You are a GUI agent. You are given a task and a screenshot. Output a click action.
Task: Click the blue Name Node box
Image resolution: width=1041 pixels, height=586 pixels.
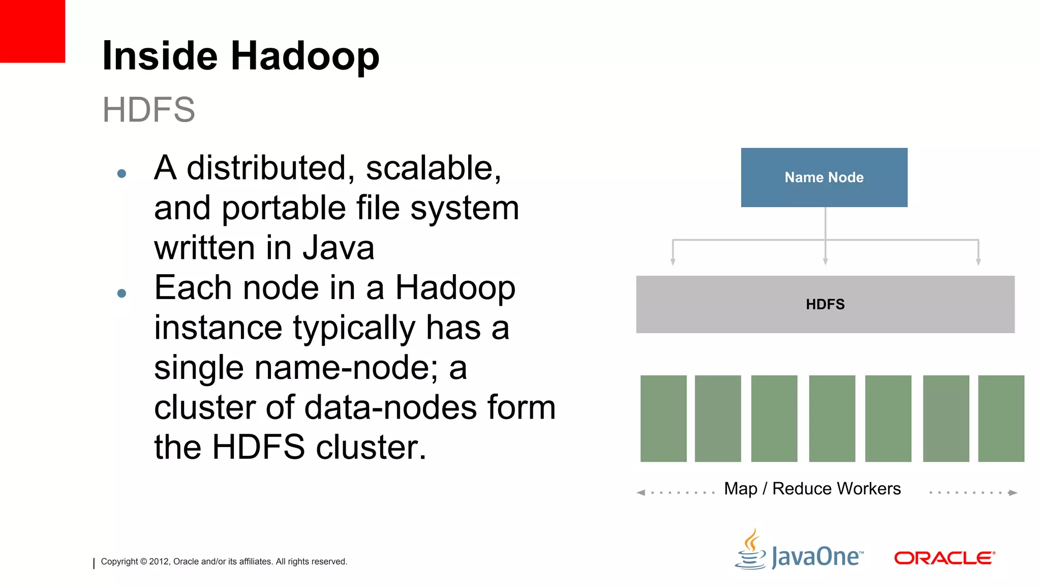point(824,178)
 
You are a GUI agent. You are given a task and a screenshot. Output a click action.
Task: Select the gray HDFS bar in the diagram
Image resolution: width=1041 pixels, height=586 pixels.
point(825,304)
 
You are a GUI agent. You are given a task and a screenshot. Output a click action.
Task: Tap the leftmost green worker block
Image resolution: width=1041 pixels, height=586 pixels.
point(663,418)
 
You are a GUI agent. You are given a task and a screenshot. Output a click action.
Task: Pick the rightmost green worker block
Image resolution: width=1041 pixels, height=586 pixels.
point(1001,418)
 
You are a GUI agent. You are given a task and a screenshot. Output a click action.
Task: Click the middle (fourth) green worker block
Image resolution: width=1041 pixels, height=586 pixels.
point(832,418)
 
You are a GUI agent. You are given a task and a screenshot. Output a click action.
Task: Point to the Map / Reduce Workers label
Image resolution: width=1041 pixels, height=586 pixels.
point(812,489)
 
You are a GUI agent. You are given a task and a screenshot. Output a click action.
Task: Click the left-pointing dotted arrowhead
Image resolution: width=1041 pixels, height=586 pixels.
point(641,492)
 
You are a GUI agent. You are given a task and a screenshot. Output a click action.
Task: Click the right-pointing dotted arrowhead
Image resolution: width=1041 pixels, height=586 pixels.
point(1013,492)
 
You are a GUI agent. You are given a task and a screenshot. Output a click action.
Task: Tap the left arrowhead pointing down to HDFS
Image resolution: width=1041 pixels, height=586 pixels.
point(673,261)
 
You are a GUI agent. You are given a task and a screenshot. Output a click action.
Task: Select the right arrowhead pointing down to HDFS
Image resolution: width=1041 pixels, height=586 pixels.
point(978,261)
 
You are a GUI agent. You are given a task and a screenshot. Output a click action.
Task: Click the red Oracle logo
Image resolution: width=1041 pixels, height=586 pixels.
point(944,558)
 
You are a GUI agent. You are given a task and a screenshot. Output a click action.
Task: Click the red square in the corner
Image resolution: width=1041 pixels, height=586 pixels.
point(33,31)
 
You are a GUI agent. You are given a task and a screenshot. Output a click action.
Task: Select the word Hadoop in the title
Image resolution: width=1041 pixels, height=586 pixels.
point(305,56)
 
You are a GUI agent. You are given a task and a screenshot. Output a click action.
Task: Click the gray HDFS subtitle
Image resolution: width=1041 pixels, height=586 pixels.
point(148,109)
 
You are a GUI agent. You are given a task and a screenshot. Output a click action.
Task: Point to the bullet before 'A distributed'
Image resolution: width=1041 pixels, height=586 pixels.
point(121,173)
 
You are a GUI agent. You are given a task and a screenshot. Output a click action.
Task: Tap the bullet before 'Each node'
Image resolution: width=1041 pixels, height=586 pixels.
point(121,293)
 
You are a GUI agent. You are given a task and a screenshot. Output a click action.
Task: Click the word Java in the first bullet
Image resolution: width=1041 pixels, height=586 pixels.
point(339,248)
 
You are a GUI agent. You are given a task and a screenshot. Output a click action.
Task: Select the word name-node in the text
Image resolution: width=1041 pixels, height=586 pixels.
point(342,368)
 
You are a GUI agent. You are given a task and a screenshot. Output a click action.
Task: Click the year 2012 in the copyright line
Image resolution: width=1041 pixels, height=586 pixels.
point(159,562)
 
